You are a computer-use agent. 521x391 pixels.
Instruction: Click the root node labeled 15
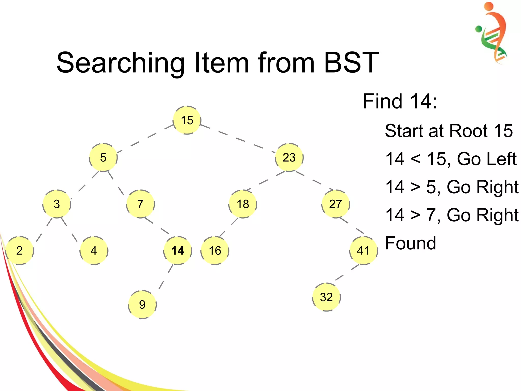[187, 120]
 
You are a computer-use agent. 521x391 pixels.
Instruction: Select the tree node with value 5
[103, 157]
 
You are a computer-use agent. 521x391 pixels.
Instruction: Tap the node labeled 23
[289, 157]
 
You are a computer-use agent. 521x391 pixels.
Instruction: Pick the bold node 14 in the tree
[178, 251]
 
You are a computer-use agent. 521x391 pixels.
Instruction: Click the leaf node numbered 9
[142, 304]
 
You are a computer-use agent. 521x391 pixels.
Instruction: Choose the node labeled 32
[326, 297]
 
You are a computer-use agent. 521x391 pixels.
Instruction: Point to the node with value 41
[363, 251]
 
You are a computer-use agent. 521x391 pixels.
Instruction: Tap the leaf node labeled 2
[20, 251]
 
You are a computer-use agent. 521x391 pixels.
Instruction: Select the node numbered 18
[243, 204]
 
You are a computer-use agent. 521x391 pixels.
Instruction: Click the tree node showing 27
[336, 204]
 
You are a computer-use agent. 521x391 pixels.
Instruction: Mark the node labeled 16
[215, 251]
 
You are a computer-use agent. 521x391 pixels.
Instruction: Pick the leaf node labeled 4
[94, 251]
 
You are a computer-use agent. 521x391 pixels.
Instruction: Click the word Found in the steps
[410, 243]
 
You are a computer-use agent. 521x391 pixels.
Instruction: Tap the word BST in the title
[351, 63]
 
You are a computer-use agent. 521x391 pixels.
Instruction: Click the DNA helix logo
[491, 33]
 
